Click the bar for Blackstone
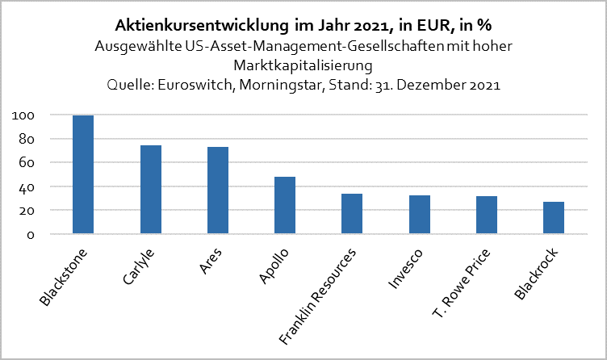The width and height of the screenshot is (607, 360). pyautogui.click(x=83, y=175)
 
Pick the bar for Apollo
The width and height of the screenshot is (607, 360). pyautogui.click(x=285, y=205)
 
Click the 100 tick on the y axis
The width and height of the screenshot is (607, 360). pyautogui.click(x=23, y=115)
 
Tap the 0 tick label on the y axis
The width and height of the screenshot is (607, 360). pyautogui.click(x=30, y=235)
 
